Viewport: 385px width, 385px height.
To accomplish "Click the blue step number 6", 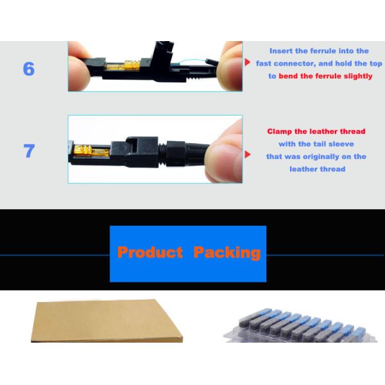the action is (29, 69).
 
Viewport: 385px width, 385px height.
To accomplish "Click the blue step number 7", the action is (29, 151).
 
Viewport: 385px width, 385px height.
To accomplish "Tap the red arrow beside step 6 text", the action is (247, 62).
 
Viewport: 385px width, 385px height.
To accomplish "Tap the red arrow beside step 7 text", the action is (248, 155).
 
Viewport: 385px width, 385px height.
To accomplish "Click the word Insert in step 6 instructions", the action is (281, 51).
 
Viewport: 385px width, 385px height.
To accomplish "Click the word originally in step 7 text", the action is (323, 157).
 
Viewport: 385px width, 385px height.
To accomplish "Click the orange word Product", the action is (150, 252).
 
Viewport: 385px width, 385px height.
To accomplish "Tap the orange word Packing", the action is (227, 253).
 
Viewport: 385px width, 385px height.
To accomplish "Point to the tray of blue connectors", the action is (301, 327).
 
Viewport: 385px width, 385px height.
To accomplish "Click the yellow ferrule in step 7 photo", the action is (91, 150).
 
